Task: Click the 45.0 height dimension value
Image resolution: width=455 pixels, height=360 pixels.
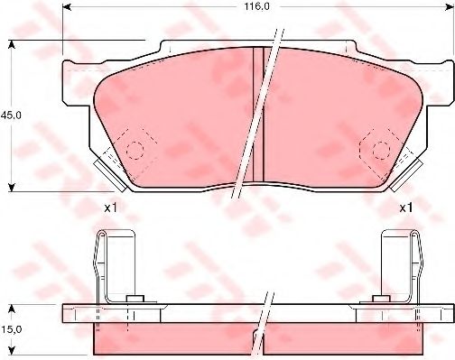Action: (11, 115)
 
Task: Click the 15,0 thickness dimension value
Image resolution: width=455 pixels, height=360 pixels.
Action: (11, 329)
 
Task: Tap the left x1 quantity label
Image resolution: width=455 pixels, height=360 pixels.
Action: (110, 208)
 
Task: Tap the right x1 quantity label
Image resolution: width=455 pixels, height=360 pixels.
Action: (406, 208)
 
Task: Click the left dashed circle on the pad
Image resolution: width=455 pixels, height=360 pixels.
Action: (135, 150)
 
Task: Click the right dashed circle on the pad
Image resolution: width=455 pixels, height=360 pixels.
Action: (381, 150)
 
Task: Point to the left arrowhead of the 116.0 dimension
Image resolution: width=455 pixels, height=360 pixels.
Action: (67, 7)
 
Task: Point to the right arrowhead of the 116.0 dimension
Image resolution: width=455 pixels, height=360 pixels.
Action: (449, 7)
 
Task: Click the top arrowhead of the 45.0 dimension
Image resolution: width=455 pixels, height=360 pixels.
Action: (12, 44)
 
